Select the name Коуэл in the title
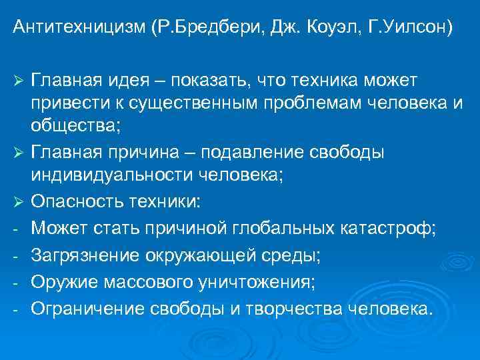(x=321, y=28)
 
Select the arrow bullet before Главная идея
(x=17, y=81)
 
